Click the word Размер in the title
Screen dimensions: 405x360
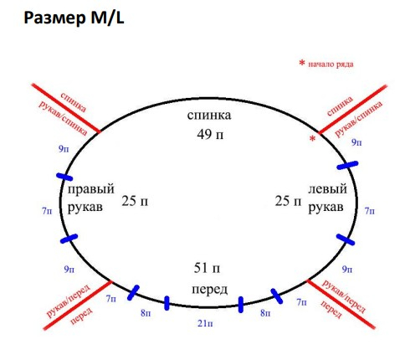point(54,18)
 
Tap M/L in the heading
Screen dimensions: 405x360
point(107,18)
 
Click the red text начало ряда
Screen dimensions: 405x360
point(331,64)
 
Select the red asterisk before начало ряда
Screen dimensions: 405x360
point(302,63)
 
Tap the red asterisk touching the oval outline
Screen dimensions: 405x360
point(313,138)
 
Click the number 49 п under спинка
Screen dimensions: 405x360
point(210,135)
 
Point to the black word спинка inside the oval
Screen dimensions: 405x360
point(209,116)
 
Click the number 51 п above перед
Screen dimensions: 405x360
point(207,268)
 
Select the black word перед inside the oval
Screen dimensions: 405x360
point(209,290)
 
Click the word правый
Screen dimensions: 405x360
point(91,189)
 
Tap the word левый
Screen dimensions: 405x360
point(327,189)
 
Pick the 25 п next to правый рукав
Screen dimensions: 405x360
point(135,201)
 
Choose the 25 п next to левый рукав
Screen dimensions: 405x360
point(289,201)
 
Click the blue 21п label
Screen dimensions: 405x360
point(205,323)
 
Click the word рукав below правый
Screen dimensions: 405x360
point(85,208)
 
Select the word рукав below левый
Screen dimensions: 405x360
point(326,208)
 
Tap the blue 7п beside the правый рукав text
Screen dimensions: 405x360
point(47,211)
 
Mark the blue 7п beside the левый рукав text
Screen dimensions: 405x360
point(370,211)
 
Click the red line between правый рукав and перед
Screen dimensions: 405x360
point(78,306)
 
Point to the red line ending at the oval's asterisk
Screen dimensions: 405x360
point(353,109)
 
